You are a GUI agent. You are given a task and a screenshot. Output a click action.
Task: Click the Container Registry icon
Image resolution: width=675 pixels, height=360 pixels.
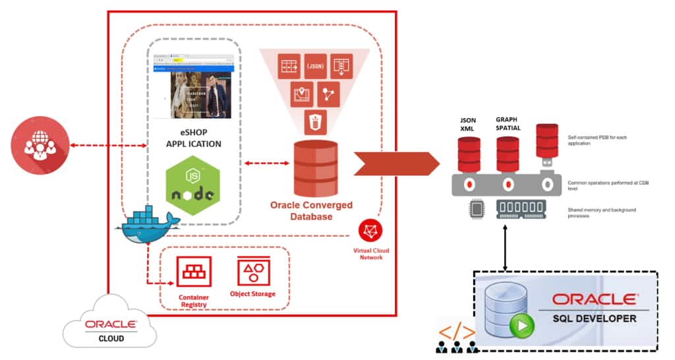(193, 272)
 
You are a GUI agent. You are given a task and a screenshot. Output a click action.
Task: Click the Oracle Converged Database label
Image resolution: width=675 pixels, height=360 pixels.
(312, 210)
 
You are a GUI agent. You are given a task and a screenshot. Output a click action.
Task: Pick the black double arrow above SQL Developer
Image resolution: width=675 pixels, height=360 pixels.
(505, 249)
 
